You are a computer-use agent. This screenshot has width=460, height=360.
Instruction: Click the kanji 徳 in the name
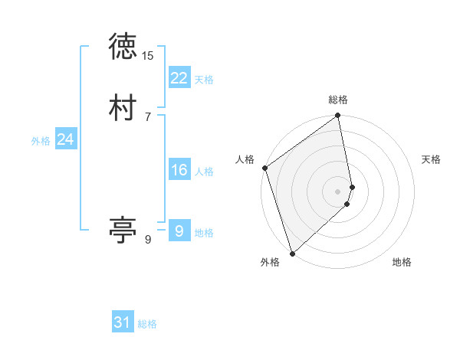click(123, 47)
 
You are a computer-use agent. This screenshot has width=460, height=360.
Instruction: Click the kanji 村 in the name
click(123, 107)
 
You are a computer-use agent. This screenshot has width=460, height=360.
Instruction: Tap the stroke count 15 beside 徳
click(148, 56)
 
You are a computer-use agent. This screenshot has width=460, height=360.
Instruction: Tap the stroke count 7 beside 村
click(148, 116)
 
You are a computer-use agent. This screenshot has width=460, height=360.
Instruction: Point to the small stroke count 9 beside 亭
click(148, 240)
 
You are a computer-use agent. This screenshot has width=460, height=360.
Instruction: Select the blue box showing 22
click(179, 78)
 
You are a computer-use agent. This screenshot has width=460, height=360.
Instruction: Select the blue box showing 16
click(179, 170)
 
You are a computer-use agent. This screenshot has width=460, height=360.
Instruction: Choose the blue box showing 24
click(66, 139)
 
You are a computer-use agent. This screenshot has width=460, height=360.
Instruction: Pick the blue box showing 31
click(123, 322)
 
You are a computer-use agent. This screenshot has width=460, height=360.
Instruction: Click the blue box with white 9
click(179, 231)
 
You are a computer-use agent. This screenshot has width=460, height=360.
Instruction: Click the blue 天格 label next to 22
click(204, 80)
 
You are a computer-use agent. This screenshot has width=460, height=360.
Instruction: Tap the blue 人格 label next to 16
click(204, 172)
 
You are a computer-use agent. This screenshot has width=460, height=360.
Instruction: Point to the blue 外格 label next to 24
click(41, 141)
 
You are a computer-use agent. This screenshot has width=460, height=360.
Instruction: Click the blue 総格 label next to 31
click(147, 324)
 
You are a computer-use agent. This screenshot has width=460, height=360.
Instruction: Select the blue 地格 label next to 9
click(204, 233)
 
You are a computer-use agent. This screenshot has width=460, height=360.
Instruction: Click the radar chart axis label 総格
click(338, 100)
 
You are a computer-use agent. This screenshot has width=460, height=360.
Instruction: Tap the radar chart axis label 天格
click(431, 159)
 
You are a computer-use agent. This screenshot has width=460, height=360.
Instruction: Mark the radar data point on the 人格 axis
click(264, 168)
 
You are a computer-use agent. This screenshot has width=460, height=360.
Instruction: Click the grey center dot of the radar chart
click(338, 191)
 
